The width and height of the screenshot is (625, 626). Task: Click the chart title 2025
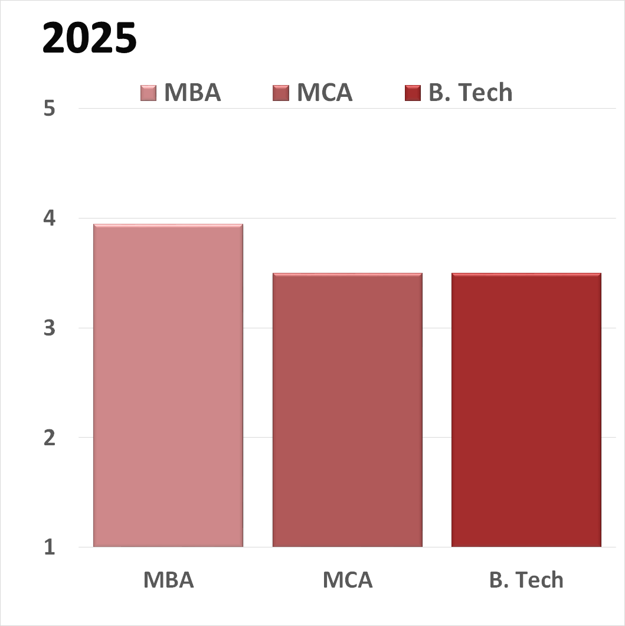click(90, 39)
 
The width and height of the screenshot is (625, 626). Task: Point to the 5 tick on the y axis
click(49, 109)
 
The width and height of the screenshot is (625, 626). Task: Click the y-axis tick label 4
click(49, 219)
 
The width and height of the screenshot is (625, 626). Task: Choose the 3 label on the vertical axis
click(49, 328)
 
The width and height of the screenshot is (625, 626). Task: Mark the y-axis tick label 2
click(49, 438)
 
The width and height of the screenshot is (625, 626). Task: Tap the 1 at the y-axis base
click(49, 547)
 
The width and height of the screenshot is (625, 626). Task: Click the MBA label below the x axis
click(168, 580)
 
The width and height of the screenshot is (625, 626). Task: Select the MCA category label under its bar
click(348, 580)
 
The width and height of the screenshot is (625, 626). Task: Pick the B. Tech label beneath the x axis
click(526, 580)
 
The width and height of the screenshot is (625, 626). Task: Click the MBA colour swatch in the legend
click(149, 93)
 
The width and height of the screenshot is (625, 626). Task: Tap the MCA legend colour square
click(281, 93)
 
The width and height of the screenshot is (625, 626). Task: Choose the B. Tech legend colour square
click(413, 93)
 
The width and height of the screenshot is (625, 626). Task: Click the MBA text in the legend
click(192, 93)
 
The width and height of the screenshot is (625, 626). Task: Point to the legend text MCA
click(325, 93)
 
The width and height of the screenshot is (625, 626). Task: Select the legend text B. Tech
click(470, 93)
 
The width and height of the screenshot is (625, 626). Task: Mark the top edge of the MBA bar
click(168, 225)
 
